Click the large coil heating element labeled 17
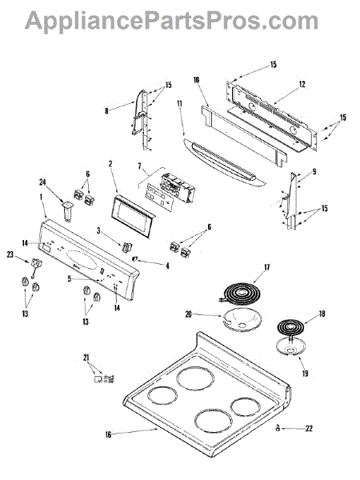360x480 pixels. [x=242, y=294]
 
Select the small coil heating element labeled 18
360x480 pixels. [x=291, y=328]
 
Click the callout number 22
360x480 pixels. [x=309, y=428]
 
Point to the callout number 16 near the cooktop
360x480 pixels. [x=108, y=434]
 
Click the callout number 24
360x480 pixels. [x=42, y=182]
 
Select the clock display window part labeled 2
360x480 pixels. [x=133, y=217]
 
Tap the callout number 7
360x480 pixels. [x=139, y=166]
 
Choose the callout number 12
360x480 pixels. [x=302, y=84]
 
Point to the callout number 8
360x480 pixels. [x=106, y=110]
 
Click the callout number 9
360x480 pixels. [x=314, y=172]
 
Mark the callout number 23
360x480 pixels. [x=10, y=254]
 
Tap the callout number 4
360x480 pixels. [x=167, y=266]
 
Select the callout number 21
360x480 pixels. [x=86, y=357]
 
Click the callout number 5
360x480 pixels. [x=70, y=279]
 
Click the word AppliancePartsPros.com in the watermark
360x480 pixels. [x=171, y=21]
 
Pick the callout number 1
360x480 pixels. [x=41, y=206]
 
